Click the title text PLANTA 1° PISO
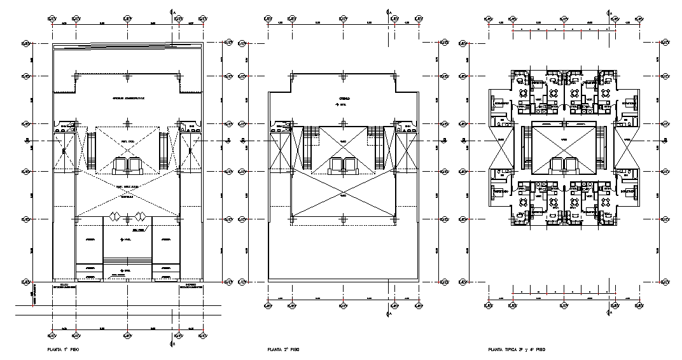pos(64,350)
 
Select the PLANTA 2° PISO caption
pos(284,350)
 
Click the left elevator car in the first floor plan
pos(120,167)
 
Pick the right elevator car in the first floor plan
pos(134,167)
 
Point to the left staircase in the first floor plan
pos(88,152)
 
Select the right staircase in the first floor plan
pos(167,152)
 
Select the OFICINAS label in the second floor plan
pos(343,99)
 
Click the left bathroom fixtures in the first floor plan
pos(66,127)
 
